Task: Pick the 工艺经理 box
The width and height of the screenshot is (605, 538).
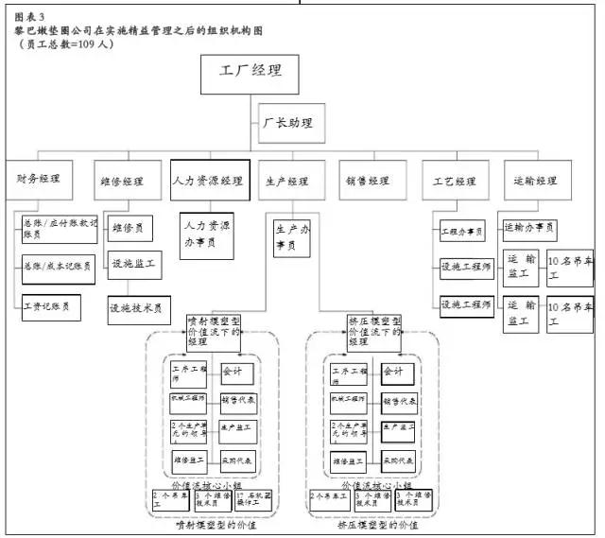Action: coord(456,180)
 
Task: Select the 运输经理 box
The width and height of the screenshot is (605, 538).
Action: coord(535,180)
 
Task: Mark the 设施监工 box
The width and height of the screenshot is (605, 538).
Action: coord(132,266)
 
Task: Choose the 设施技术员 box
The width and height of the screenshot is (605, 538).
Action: coord(138,307)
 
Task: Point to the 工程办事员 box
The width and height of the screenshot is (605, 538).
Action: coord(462,230)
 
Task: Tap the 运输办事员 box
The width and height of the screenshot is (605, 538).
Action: coord(528,228)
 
